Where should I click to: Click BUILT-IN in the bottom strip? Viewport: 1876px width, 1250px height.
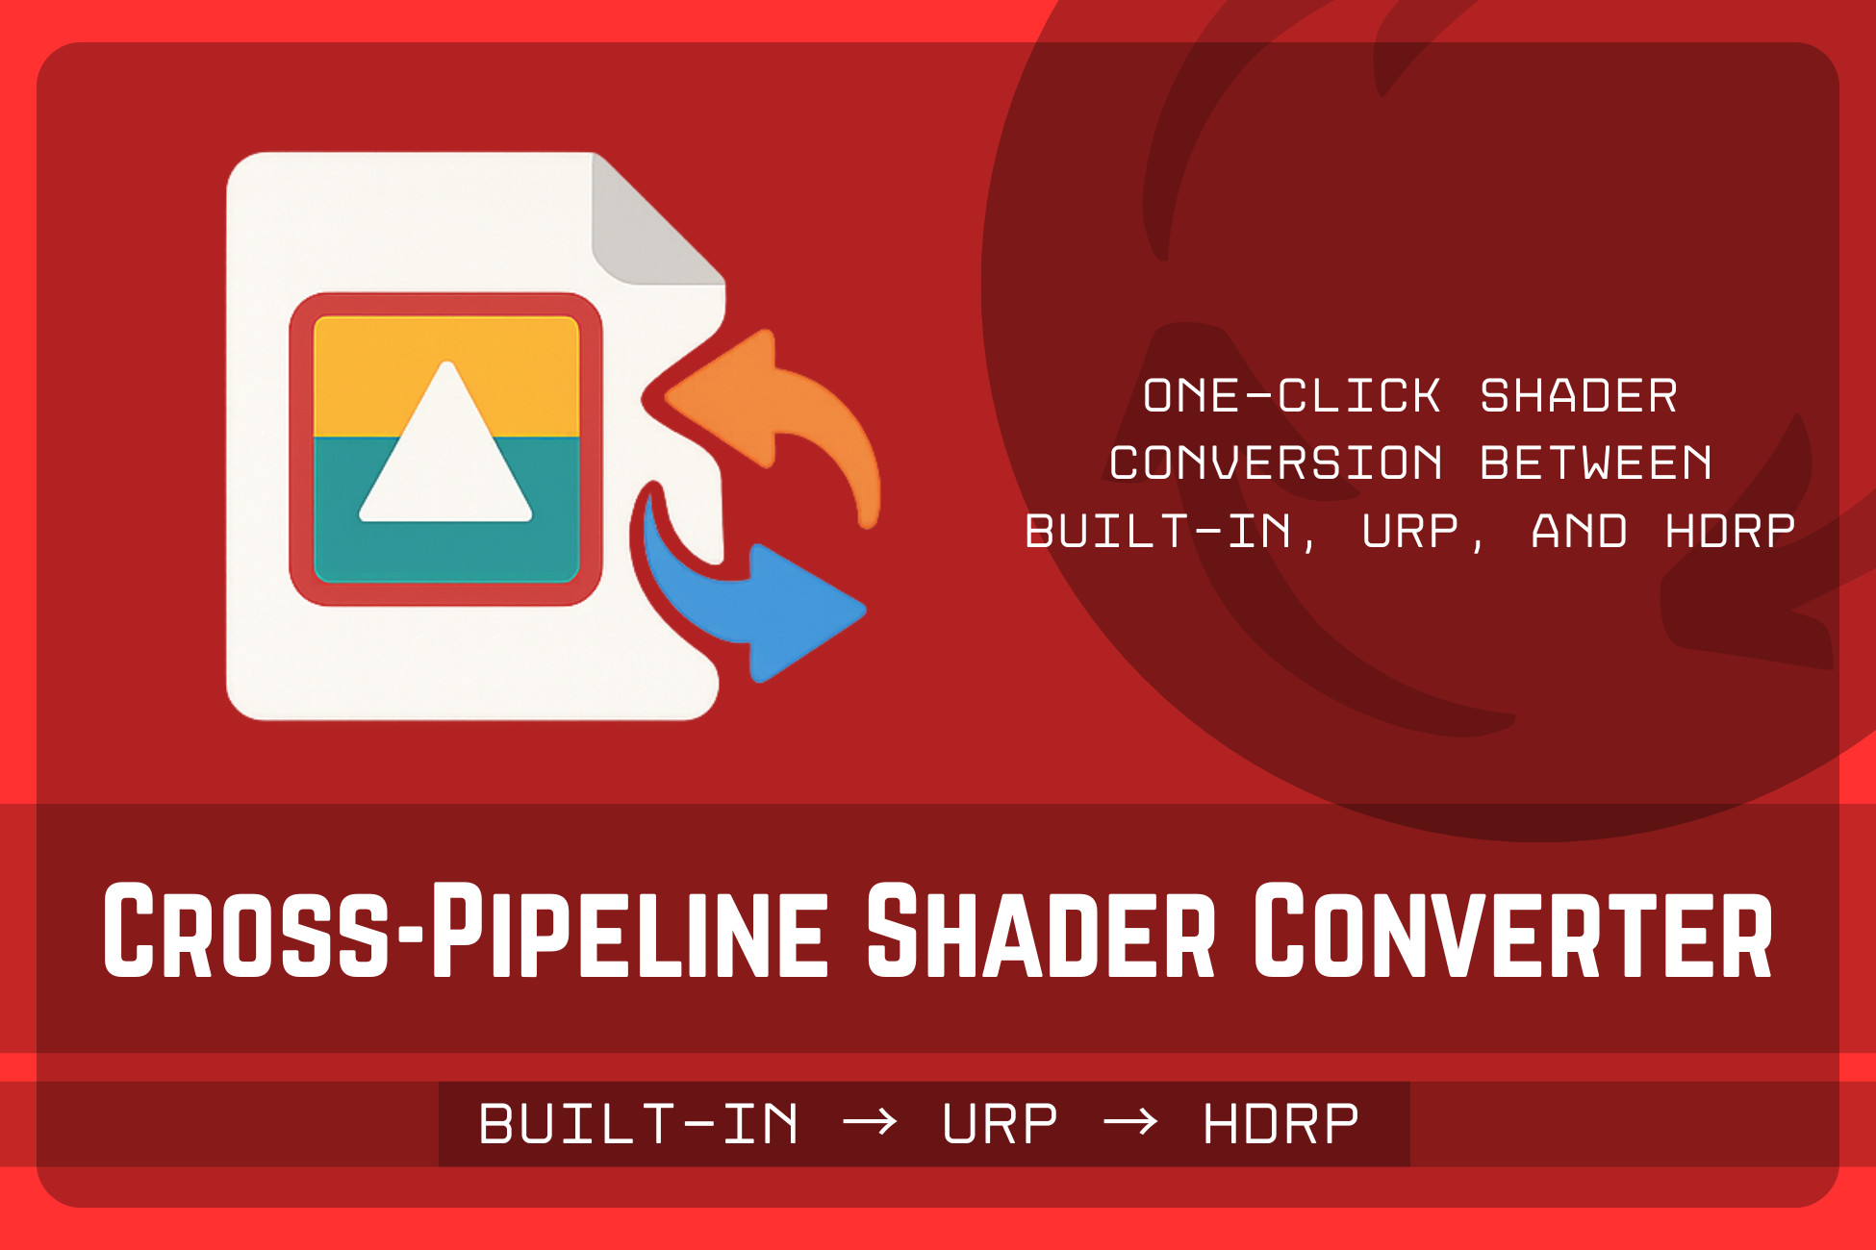click(639, 1124)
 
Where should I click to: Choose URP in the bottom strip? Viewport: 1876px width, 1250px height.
click(1000, 1124)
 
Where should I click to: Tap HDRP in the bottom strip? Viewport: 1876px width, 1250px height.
click(1280, 1124)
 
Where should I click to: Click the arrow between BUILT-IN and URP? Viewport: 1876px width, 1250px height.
click(870, 1121)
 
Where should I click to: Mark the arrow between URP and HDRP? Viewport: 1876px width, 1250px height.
click(1130, 1121)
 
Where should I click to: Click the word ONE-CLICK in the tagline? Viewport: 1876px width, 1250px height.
click(1291, 396)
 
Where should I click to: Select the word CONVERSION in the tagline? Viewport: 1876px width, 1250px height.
click(1276, 463)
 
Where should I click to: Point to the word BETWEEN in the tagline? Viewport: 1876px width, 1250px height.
click(1596, 463)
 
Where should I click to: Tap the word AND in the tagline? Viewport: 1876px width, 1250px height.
click(1579, 532)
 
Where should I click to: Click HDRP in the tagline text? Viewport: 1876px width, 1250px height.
click(1730, 532)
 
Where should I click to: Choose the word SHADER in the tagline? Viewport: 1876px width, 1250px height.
click(1579, 396)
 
